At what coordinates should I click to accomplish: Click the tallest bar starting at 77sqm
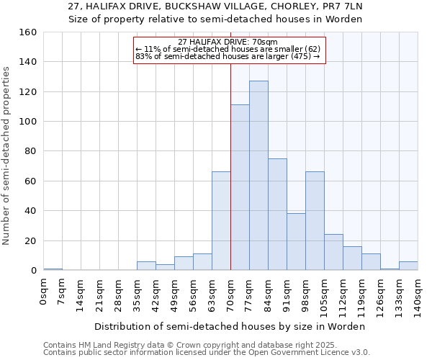(x=258, y=176)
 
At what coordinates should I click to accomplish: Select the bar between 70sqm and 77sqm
(x=240, y=187)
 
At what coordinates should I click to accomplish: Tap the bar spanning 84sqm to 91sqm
(x=277, y=215)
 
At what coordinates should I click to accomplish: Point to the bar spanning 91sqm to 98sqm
(x=296, y=242)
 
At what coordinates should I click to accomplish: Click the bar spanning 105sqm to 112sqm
(x=333, y=252)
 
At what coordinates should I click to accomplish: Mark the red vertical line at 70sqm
(x=230, y=166)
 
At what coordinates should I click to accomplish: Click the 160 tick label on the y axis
(x=28, y=32)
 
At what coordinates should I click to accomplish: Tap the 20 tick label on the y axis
(x=31, y=240)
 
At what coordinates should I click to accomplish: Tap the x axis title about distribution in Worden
(x=230, y=326)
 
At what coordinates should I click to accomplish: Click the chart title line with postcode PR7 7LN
(x=215, y=6)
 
